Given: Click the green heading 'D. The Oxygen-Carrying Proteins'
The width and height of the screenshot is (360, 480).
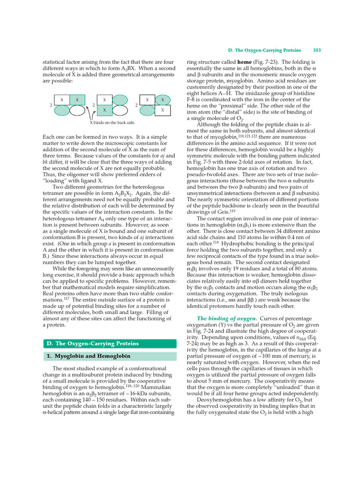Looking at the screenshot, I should click(89, 344).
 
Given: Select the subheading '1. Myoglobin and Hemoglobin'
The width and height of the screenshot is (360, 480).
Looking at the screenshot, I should click(88, 356).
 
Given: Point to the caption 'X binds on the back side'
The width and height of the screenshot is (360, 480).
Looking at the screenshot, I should click(112, 123).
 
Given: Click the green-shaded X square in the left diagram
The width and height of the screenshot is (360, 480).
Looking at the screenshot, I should click(77, 100).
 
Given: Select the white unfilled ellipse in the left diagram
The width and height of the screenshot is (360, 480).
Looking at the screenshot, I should click(77, 111).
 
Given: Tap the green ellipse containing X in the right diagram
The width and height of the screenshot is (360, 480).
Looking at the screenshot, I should click(162, 100).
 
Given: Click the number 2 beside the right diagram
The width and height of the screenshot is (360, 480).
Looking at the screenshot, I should click(136, 105).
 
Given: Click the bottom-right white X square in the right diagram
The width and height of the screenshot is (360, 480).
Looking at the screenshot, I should click(162, 110).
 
